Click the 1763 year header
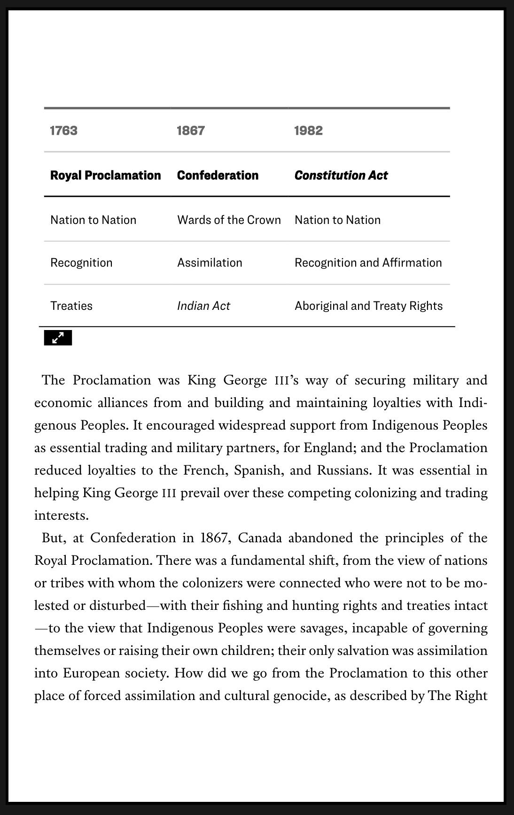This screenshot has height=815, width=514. (x=64, y=131)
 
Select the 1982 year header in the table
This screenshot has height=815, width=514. (x=309, y=131)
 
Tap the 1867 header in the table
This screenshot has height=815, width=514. (x=191, y=131)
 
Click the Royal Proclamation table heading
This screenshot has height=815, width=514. (x=105, y=175)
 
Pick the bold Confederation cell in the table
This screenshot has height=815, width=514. (x=218, y=175)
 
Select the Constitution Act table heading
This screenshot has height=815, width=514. (x=341, y=175)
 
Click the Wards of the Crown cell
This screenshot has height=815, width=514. (x=229, y=220)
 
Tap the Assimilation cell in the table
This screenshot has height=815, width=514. (x=210, y=262)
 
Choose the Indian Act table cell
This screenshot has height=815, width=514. (x=203, y=306)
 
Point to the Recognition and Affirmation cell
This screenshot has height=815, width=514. (x=368, y=262)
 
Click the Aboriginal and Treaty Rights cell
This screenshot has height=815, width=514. (x=368, y=306)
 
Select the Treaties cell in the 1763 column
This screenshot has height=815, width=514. (x=71, y=306)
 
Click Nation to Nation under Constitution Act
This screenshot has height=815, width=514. (x=337, y=220)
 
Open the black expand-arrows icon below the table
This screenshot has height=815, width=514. (x=58, y=338)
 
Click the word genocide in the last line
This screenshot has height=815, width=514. (x=300, y=696)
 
